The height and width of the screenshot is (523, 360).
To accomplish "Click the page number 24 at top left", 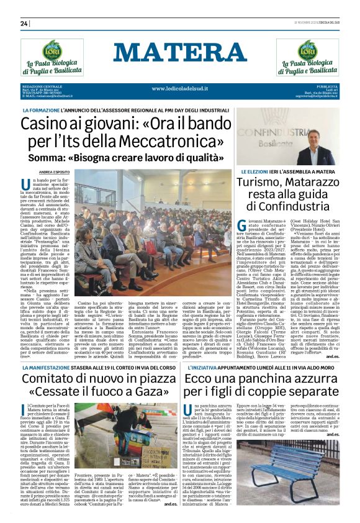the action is pos(24,24).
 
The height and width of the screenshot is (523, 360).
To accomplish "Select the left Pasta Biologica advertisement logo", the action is pos(52,57).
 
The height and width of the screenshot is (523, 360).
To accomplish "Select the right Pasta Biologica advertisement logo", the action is pos(307,57).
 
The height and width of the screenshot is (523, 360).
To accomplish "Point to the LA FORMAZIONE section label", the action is pos(43,111).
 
